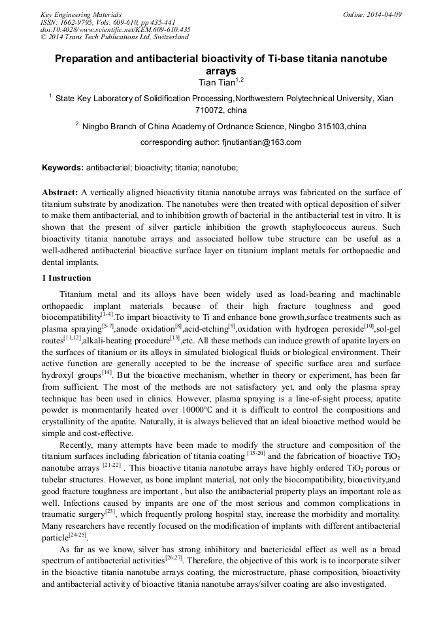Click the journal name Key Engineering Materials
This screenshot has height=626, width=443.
pyautogui.click(x=80, y=14)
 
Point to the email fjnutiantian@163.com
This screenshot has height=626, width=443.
pyautogui.click(x=260, y=142)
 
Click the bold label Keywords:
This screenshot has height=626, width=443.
pyautogui.click(x=63, y=168)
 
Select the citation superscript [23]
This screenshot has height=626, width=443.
pyautogui.click(x=110, y=511)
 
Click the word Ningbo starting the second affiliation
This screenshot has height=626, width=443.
pyautogui.click(x=95, y=126)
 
